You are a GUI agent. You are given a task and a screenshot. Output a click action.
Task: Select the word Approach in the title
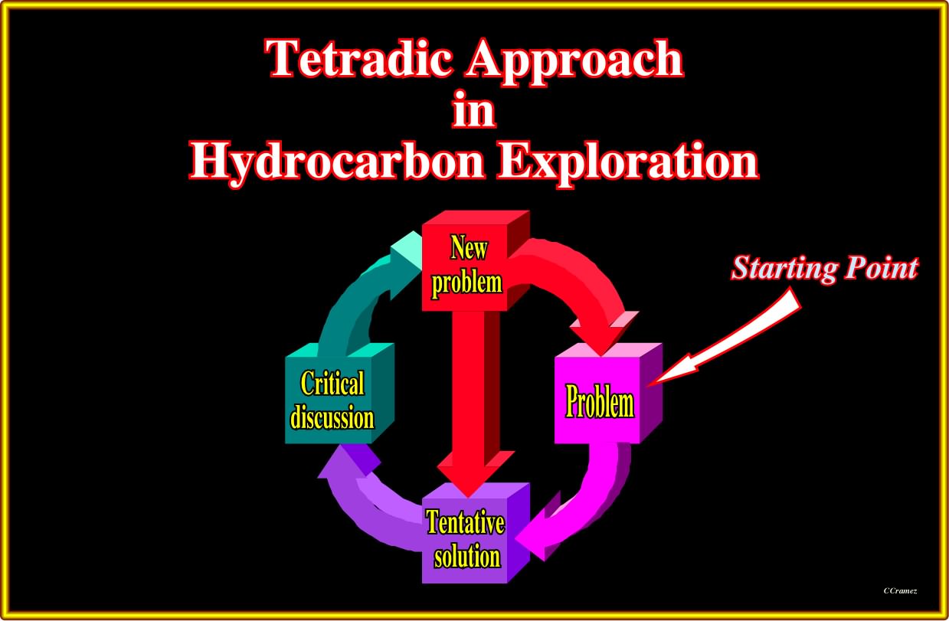click(x=574, y=61)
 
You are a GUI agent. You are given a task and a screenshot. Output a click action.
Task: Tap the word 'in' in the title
click(x=473, y=109)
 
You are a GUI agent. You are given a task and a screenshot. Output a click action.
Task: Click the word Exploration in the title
click(x=628, y=163)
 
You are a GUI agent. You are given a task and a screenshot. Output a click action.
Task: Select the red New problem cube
click(x=476, y=260)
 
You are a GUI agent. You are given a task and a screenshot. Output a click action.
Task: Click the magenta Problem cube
click(x=608, y=393)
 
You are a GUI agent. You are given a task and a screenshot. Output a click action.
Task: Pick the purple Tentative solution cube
click(x=476, y=533)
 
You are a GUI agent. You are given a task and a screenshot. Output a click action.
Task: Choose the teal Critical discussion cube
click(x=339, y=393)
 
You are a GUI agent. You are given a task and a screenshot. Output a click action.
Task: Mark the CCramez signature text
click(x=900, y=591)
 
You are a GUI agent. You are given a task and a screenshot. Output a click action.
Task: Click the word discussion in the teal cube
click(x=332, y=417)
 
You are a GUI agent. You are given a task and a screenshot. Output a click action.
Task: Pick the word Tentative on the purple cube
click(x=465, y=523)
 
